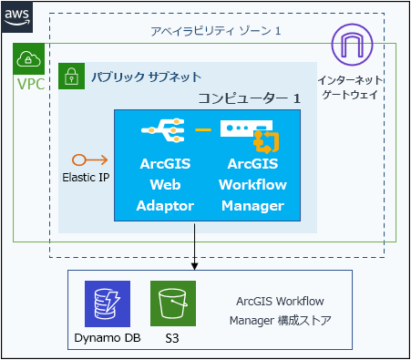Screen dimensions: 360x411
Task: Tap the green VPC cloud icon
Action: point(27,60)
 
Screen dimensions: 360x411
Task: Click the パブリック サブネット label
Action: point(146,77)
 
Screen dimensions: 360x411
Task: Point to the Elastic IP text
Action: point(87,177)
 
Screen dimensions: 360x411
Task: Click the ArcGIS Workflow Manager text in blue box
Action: point(252,185)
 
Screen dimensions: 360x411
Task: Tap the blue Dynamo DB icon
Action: point(107,304)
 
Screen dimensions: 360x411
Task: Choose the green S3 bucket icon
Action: point(173,304)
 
